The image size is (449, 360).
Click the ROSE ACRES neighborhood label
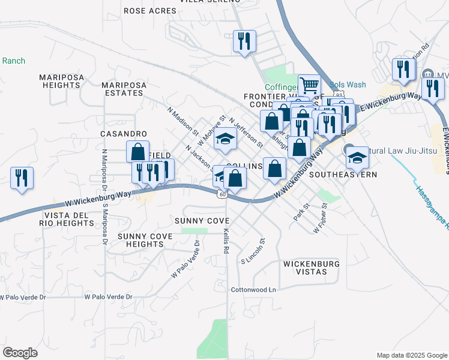tap(145, 11)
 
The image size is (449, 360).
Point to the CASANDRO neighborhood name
tap(124, 133)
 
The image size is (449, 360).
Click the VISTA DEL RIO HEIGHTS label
tap(69, 219)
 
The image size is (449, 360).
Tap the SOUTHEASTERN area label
tap(343, 175)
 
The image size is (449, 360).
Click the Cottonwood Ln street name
tap(253, 290)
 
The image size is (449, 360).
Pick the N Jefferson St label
tap(246, 133)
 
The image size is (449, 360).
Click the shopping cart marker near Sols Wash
tap(309, 85)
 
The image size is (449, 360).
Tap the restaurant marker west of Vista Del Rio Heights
tap(22, 178)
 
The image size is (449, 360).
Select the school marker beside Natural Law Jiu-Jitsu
tap(357, 157)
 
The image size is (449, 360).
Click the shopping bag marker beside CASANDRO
tap(137, 151)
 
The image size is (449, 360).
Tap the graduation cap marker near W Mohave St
tap(226, 139)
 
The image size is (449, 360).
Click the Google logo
tap(20, 353)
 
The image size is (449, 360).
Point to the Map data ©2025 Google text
tap(411, 355)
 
